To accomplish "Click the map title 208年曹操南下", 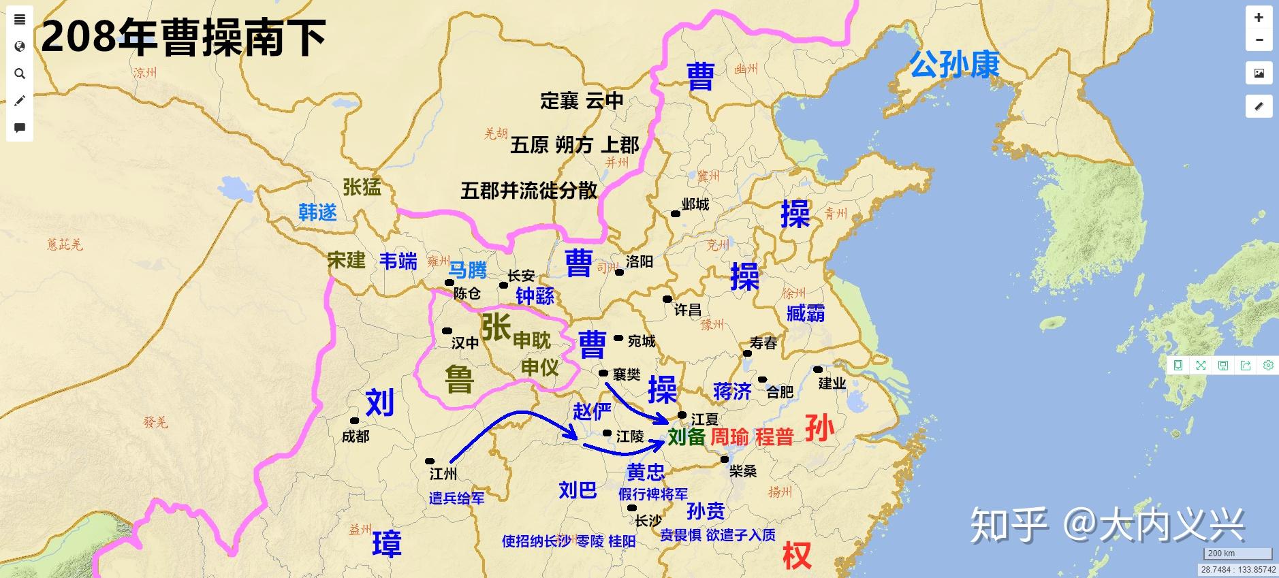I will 184,37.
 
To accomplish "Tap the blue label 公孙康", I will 955,65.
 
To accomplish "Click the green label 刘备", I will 686,436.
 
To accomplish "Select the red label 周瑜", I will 729,436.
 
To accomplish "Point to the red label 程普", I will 774,436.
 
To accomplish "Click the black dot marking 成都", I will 354,421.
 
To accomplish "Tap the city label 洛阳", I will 639,261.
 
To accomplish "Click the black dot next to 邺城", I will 676,214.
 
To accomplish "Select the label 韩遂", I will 318,212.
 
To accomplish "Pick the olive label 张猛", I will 362,187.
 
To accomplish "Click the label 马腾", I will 468,270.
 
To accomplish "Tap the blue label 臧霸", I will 806,313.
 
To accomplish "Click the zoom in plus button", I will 1259,18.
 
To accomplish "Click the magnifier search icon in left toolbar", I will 20,74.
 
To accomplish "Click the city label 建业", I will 832,383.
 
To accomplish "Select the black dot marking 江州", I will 430,462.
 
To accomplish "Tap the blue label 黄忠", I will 645,472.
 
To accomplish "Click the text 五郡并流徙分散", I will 529,191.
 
